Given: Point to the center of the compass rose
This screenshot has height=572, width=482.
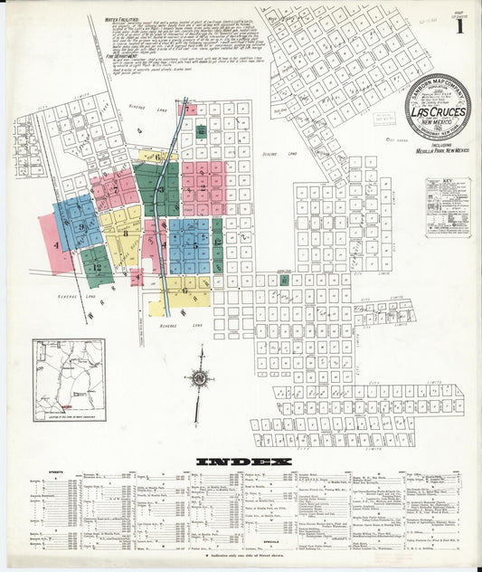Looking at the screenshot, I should [x=200, y=378].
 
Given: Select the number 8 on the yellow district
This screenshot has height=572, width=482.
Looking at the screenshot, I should [x=124, y=232].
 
